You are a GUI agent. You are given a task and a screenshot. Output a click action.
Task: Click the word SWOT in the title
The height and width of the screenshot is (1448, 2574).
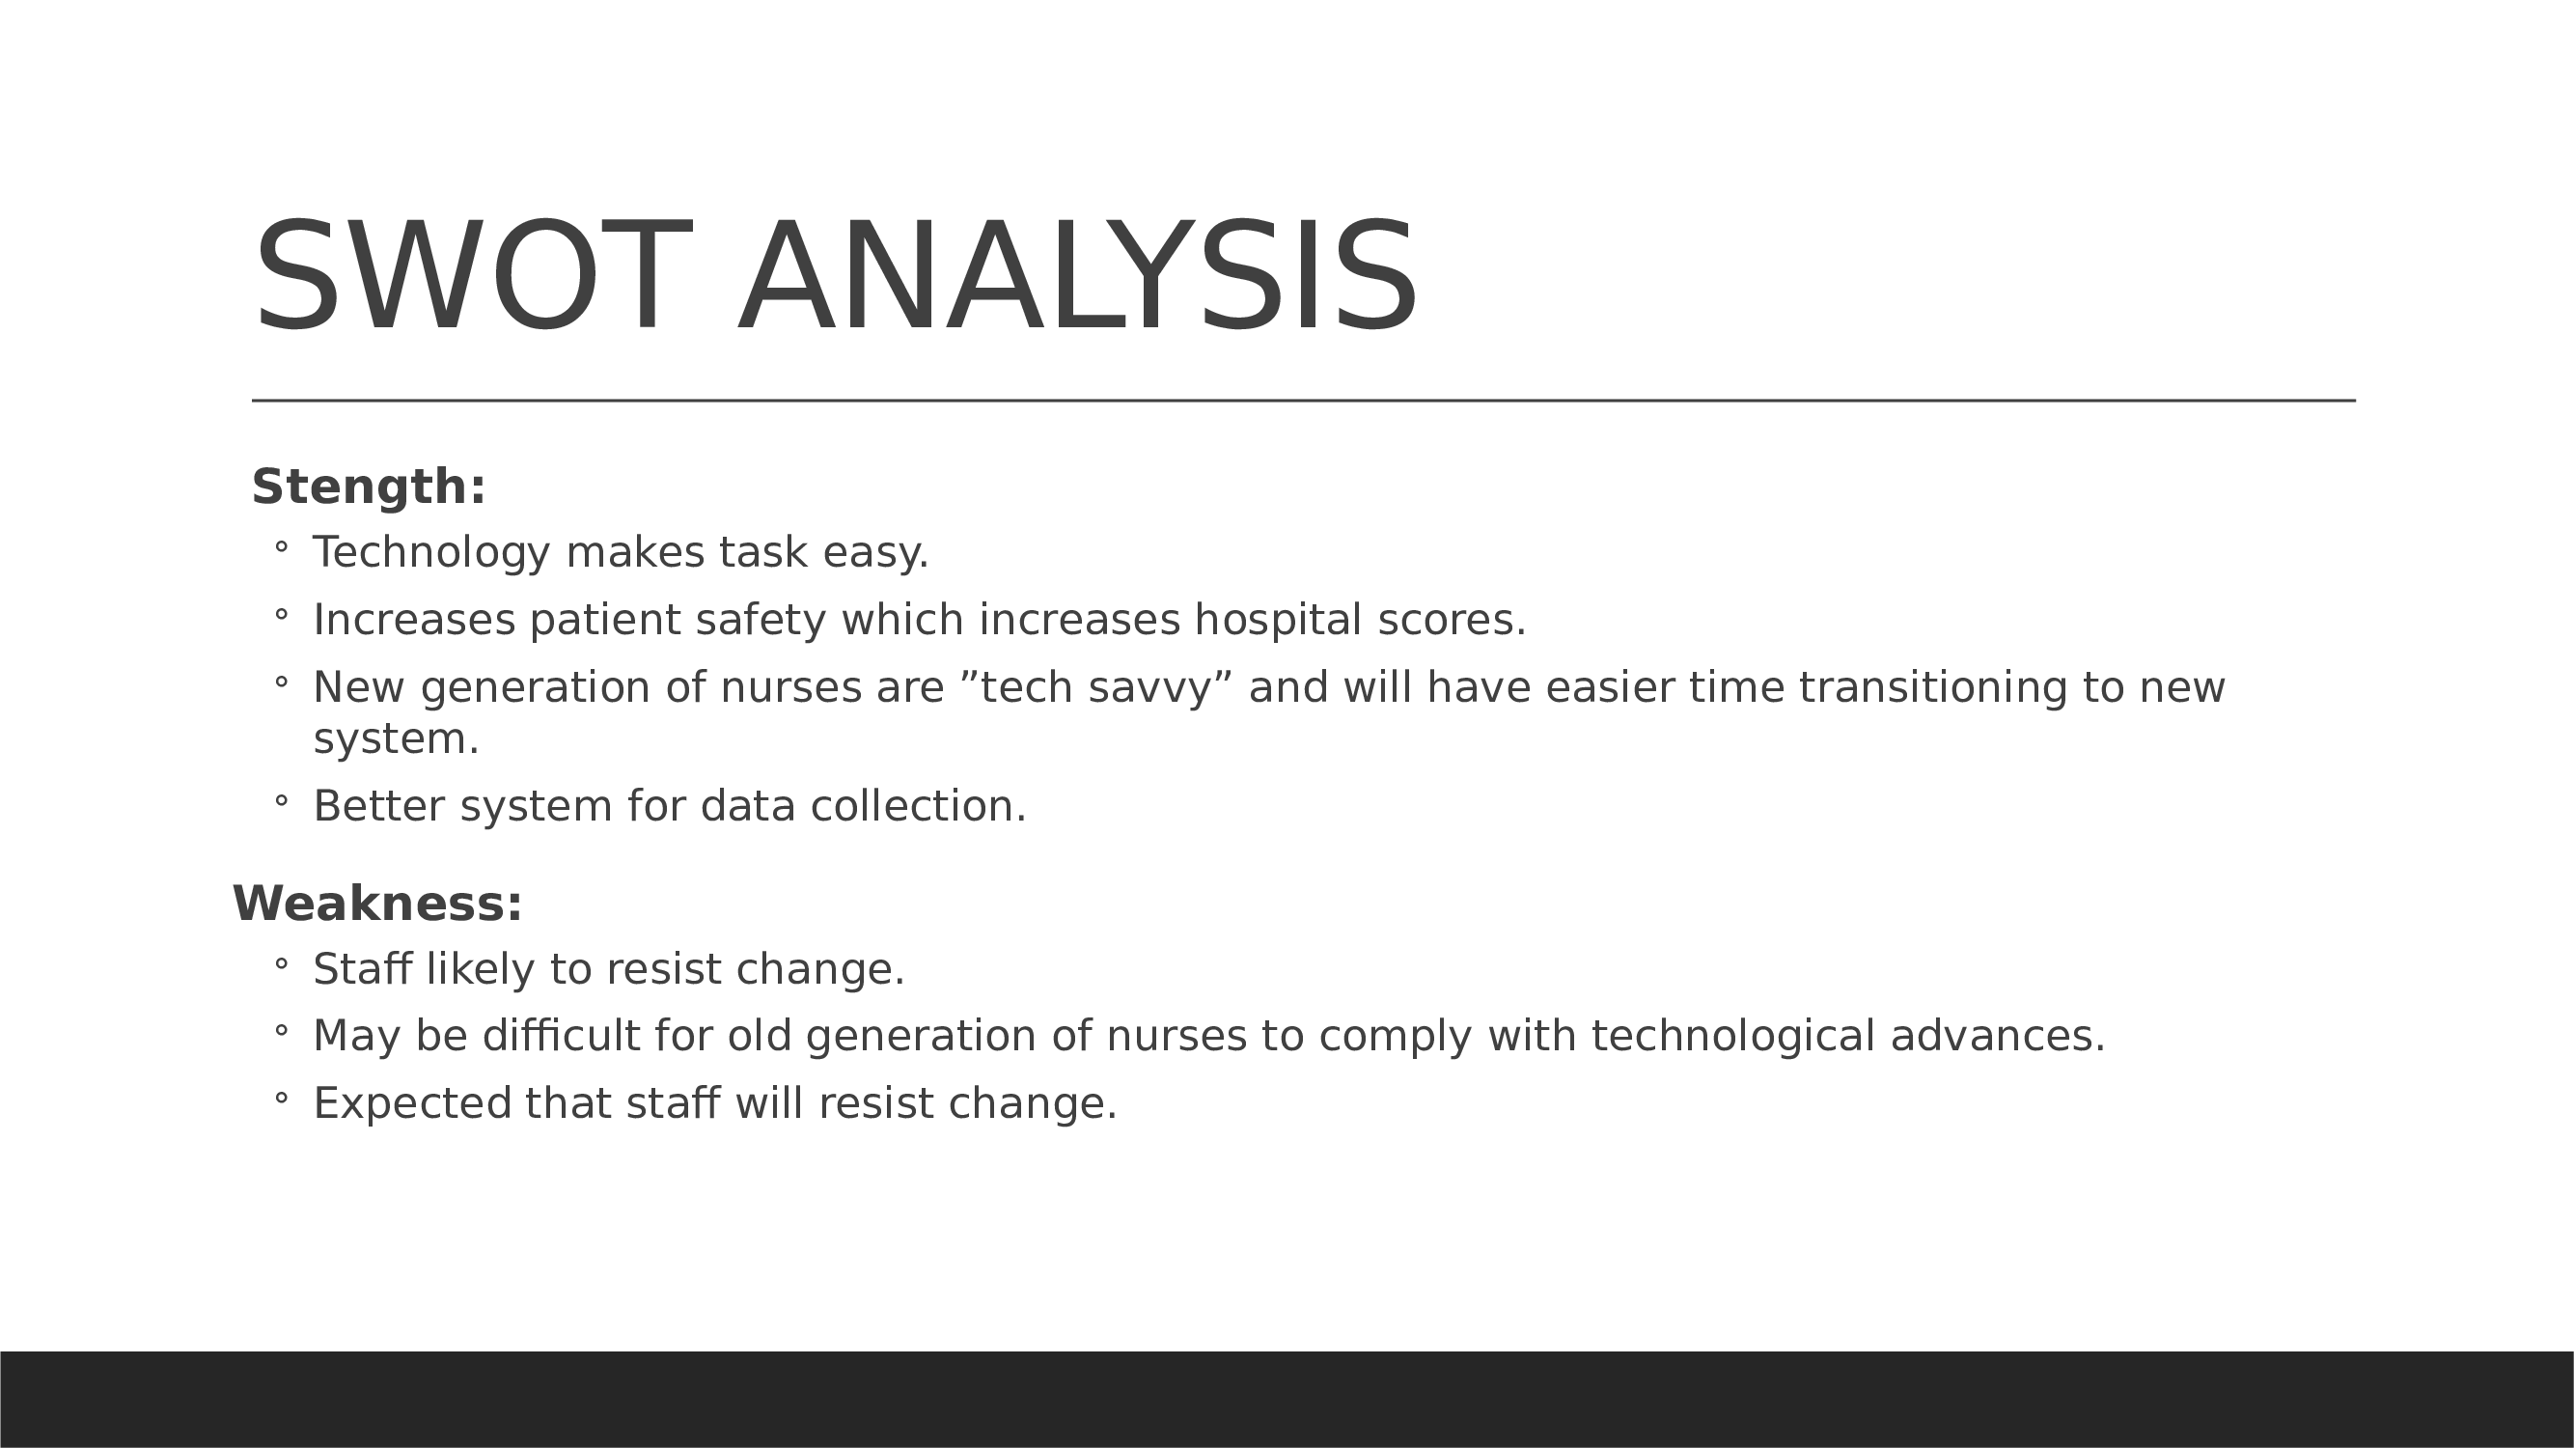(x=474, y=276)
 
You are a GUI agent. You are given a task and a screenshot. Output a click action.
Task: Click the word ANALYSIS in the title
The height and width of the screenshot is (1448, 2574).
(x=1077, y=276)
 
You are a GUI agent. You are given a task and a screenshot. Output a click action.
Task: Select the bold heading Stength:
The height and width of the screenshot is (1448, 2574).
(x=369, y=487)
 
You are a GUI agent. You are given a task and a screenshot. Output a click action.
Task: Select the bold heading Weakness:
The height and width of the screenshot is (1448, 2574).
(x=377, y=904)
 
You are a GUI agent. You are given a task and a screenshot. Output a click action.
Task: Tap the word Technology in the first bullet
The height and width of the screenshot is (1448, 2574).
(x=431, y=552)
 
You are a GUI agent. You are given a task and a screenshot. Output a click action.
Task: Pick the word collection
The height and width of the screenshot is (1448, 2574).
(x=918, y=805)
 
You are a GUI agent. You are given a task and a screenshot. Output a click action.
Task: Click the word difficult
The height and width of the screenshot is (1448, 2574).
(x=562, y=1035)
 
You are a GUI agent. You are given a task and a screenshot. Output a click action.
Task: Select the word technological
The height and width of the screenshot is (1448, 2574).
(x=1732, y=1036)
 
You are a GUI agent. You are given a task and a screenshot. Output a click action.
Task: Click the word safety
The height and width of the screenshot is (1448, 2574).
(x=761, y=621)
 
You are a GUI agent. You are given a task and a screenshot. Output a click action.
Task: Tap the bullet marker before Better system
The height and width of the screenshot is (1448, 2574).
(x=281, y=800)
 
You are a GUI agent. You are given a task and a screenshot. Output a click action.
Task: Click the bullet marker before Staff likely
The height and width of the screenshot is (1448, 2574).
(x=281, y=963)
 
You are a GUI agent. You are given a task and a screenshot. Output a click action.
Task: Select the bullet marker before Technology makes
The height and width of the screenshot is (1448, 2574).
(x=281, y=546)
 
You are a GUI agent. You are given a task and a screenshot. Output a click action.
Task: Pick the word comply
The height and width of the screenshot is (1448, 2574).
(x=1396, y=1036)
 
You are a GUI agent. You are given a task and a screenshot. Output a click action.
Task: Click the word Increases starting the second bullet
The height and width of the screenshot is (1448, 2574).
(x=415, y=620)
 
